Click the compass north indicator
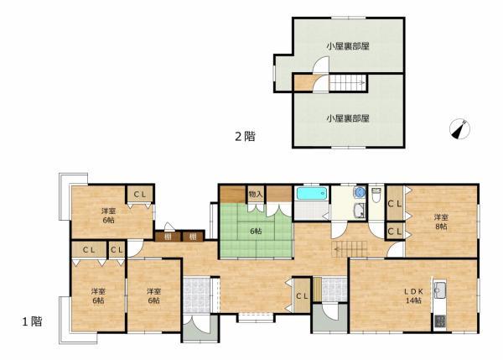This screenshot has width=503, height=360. [x=459, y=129]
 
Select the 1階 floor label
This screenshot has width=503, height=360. [x=33, y=321]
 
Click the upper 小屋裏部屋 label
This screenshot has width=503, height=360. [x=348, y=46]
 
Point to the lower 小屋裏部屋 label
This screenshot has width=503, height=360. [x=348, y=118]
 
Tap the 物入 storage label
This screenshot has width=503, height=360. [x=257, y=195]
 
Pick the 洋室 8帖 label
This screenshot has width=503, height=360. [x=440, y=222]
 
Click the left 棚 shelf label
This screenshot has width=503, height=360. [x=169, y=237]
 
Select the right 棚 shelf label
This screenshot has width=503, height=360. [x=193, y=237]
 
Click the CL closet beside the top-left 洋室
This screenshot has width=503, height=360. [x=140, y=196]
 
